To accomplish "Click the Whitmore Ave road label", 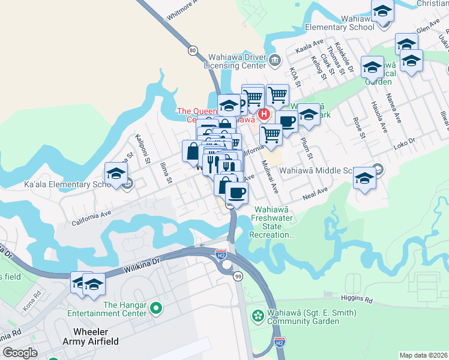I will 182,11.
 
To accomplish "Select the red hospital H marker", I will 264,114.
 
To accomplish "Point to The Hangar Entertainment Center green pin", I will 156,308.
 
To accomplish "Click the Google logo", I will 20,353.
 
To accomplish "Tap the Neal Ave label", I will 315,193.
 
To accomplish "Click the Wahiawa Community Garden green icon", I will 258,315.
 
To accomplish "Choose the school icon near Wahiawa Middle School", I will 364,178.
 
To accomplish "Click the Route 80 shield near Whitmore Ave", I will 192,50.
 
